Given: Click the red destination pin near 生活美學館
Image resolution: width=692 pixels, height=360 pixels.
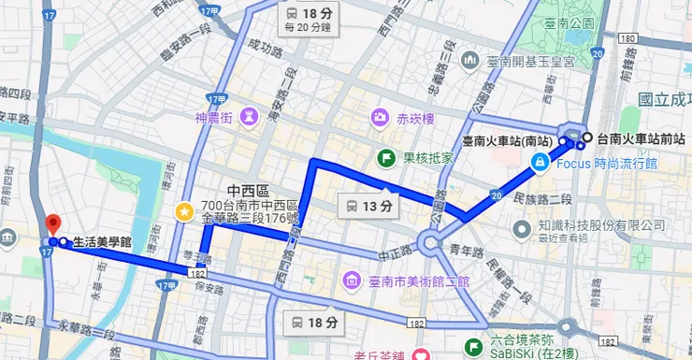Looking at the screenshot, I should tap(53, 224).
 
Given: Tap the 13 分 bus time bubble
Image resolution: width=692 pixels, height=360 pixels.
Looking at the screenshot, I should tap(364, 206).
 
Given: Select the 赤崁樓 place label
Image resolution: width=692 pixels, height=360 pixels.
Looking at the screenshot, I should tap(414, 119).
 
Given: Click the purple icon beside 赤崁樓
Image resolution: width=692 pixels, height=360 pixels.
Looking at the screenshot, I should tap(380, 119).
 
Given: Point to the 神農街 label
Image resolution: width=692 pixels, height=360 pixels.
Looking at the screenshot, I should tap(213, 120).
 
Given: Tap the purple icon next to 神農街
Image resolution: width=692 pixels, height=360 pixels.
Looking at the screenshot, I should tap(251, 120).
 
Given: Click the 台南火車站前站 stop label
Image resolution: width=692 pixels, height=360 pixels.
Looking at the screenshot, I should tap(641, 138).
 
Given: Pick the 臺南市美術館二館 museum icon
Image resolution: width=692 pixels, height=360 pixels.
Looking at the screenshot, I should tap(350, 280).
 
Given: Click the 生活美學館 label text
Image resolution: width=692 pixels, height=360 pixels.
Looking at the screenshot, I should tap(103, 243).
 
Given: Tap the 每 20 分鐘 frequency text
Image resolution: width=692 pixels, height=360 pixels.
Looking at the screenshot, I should tap(310, 28).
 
